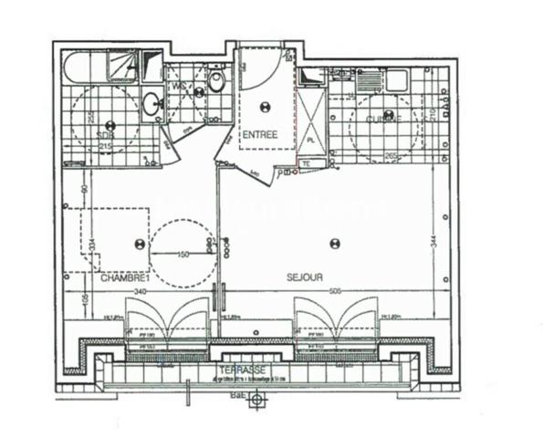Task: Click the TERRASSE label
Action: coord(242,370)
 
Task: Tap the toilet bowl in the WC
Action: coord(216,82)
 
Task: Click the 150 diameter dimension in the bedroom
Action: coord(183,255)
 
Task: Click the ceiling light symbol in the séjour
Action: coord(334,243)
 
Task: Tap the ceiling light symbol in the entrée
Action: coord(266,105)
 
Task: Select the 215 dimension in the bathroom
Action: coord(106,145)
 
